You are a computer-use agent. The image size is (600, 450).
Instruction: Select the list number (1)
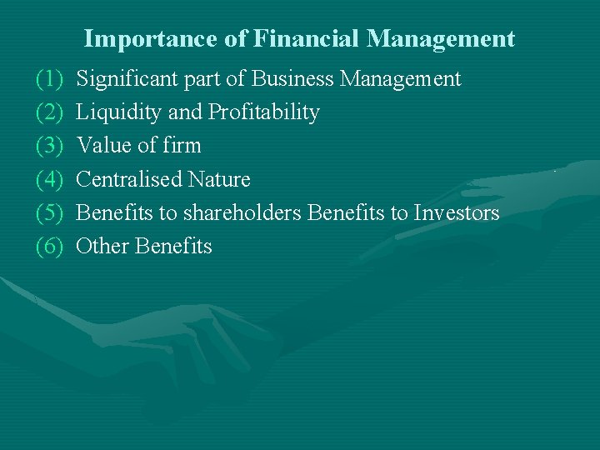point(49,79)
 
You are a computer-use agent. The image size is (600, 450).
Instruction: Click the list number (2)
point(49,112)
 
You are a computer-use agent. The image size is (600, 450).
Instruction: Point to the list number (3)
point(49,146)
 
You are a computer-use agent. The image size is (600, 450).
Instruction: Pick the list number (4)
point(49,179)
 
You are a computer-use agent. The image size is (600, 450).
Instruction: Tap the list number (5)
point(49,212)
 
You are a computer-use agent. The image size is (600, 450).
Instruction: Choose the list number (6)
point(49,246)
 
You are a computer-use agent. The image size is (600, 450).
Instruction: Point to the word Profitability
point(264,112)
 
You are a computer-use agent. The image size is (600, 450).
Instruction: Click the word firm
point(182,146)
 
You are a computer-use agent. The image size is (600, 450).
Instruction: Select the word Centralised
point(129,179)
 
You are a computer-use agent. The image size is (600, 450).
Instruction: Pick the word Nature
point(219,179)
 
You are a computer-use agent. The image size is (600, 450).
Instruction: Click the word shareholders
point(242,212)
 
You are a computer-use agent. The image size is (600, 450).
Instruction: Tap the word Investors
point(457,212)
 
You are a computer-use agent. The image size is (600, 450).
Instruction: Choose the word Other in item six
point(102,246)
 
